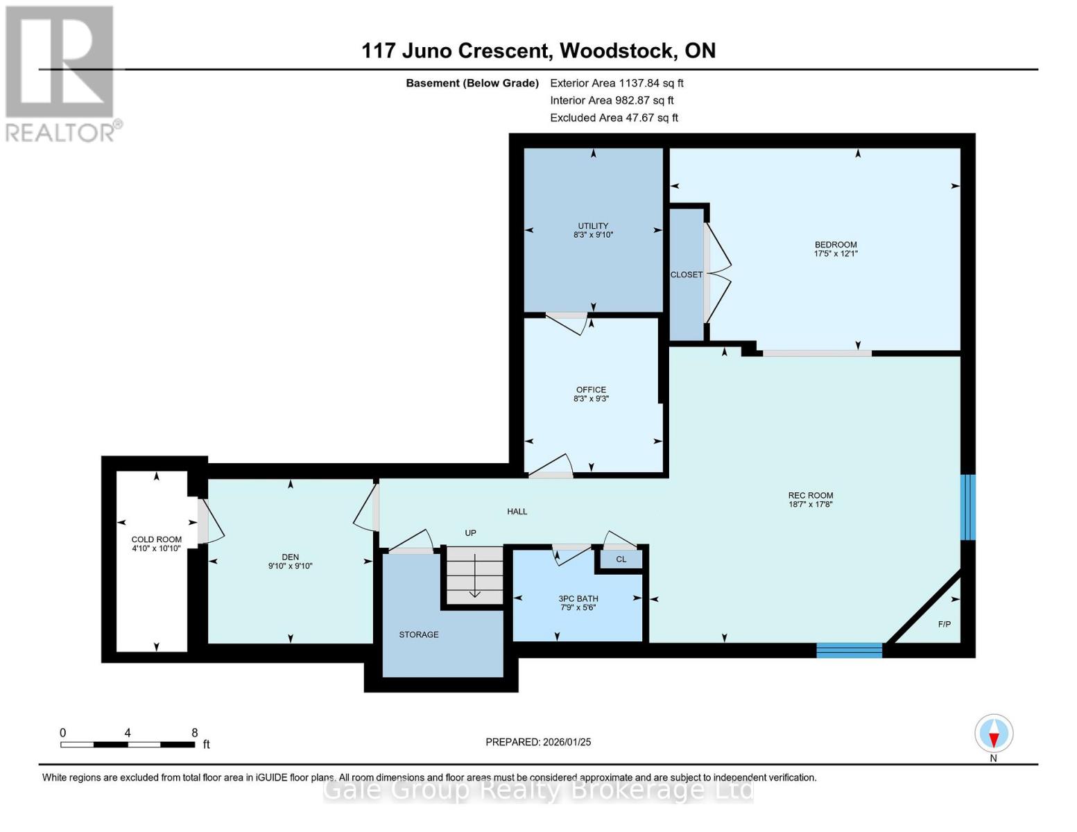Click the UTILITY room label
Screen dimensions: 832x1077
point(593,225)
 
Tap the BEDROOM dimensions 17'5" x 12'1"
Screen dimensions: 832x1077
point(836,254)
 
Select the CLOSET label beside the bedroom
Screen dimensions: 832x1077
point(686,275)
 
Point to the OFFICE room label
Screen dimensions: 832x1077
point(591,390)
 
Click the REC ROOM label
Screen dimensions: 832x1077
point(810,495)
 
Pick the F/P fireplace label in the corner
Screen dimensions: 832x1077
point(944,624)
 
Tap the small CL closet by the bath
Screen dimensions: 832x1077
point(621,560)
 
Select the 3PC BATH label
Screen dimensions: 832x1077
point(578,598)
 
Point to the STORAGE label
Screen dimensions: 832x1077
point(418,634)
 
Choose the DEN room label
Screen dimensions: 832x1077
point(290,557)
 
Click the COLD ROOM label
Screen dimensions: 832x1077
point(157,539)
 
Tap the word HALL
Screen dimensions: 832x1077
point(517,512)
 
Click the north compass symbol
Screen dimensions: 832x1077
point(994,734)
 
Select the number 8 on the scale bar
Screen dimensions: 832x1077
point(195,733)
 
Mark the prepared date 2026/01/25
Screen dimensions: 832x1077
point(566,742)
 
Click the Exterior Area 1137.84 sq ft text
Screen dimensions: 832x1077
point(617,83)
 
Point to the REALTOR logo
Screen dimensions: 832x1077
point(61,73)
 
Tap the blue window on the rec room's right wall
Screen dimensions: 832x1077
point(967,507)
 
